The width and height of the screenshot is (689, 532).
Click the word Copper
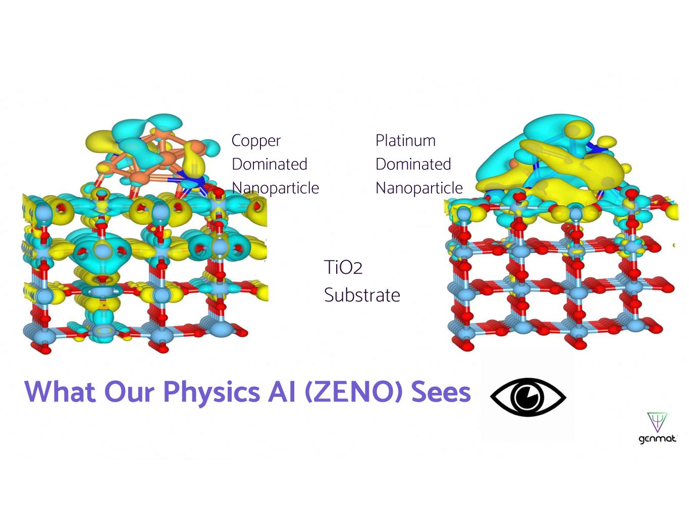coord(256,141)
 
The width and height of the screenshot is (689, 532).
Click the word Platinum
coord(405,140)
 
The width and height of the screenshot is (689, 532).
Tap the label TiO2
coord(343,267)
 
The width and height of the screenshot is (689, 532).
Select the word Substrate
coord(362,295)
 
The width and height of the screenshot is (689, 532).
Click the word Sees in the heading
coord(441,392)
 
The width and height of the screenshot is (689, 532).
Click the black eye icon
coord(528,396)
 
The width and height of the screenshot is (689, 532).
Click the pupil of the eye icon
coord(528,396)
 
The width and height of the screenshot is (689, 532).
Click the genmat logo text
coord(657,439)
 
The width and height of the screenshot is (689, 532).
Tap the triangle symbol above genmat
coord(657,422)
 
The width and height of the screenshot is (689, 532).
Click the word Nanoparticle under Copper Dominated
coord(276,188)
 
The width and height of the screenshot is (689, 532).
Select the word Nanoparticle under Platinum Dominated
coord(419,188)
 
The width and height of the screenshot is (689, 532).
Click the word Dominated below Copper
coord(270,164)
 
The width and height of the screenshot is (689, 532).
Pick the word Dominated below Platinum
coord(413,164)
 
